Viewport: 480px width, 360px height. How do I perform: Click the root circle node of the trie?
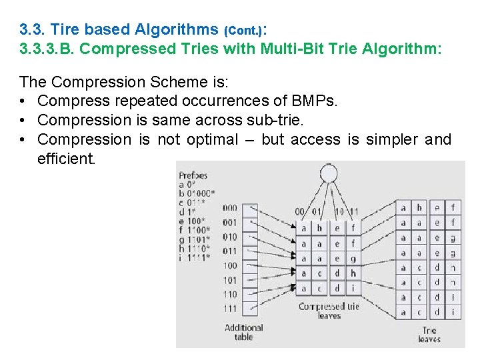click(x=328, y=174)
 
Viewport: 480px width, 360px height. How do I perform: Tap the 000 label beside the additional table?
click(x=229, y=208)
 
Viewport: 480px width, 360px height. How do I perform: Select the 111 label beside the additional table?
click(x=229, y=309)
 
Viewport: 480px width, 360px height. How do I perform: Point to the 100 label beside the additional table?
click(x=229, y=266)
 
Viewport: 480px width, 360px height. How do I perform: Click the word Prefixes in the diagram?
click(x=193, y=176)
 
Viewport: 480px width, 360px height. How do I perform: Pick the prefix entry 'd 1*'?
click(x=188, y=212)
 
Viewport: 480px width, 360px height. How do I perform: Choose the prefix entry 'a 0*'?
click(x=188, y=185)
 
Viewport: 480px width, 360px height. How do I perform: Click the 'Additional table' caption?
click(x=244, y=332)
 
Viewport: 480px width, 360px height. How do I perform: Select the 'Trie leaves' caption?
click(x=429, y=335)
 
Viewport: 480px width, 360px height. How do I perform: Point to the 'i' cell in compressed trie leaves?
click(x=353, y=289)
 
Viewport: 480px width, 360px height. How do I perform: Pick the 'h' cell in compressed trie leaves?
click(x=353, y=273)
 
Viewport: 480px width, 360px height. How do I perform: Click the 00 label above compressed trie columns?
click(x=301, y=212)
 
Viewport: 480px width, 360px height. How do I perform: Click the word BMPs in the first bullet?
click(x=315, y=101)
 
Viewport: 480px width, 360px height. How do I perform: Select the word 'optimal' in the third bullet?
click(x=211, y=139)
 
